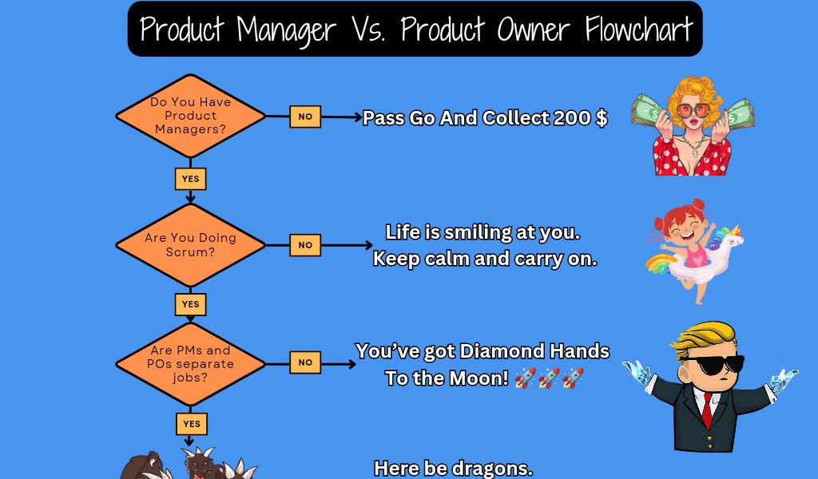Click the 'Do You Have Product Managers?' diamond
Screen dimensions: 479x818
click(190, 116)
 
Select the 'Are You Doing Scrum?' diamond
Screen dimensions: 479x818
click(190, 244)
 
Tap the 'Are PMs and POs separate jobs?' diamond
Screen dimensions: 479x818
click(190, 363)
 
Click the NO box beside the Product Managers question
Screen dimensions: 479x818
click(305, 117)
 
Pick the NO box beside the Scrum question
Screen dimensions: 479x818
click(305, 245)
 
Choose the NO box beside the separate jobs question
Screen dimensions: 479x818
click(305, 362)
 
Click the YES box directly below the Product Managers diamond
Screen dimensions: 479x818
click(190, 179)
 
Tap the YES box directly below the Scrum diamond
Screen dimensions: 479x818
click(190, 304)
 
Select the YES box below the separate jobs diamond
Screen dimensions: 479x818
click(190, 424)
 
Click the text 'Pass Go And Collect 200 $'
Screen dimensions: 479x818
click(485, 118)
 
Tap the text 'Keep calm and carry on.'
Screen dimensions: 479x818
click(485, 259)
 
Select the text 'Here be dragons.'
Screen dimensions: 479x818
click(453, 468)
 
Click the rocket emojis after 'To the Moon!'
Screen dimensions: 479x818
click(550, 378)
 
